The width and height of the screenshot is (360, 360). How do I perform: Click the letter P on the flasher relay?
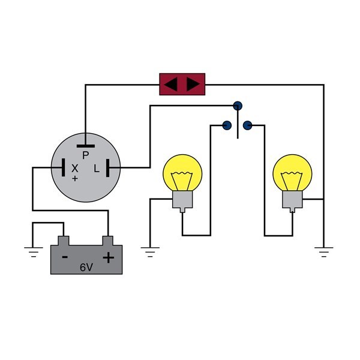85,155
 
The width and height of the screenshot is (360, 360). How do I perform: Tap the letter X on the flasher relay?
75,169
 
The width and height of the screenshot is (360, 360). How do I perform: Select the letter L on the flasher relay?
97,169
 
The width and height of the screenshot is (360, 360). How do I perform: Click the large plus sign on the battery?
108,258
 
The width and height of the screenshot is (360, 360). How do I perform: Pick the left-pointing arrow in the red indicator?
171,84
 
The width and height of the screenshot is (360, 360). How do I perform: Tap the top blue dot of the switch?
238,106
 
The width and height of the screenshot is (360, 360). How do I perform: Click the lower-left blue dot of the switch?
227,125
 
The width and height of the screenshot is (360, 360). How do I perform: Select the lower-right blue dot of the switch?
247,125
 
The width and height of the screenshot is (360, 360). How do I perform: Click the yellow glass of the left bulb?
183,173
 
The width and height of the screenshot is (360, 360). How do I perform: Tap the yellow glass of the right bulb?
292,173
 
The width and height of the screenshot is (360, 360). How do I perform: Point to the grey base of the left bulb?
182,200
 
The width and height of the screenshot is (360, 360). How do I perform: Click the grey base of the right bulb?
292,200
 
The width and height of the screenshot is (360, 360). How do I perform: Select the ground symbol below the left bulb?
149,251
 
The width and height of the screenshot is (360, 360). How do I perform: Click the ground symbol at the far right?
324,251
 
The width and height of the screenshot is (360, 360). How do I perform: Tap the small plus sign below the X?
75,179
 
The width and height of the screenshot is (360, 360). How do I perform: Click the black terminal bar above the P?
85,145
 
